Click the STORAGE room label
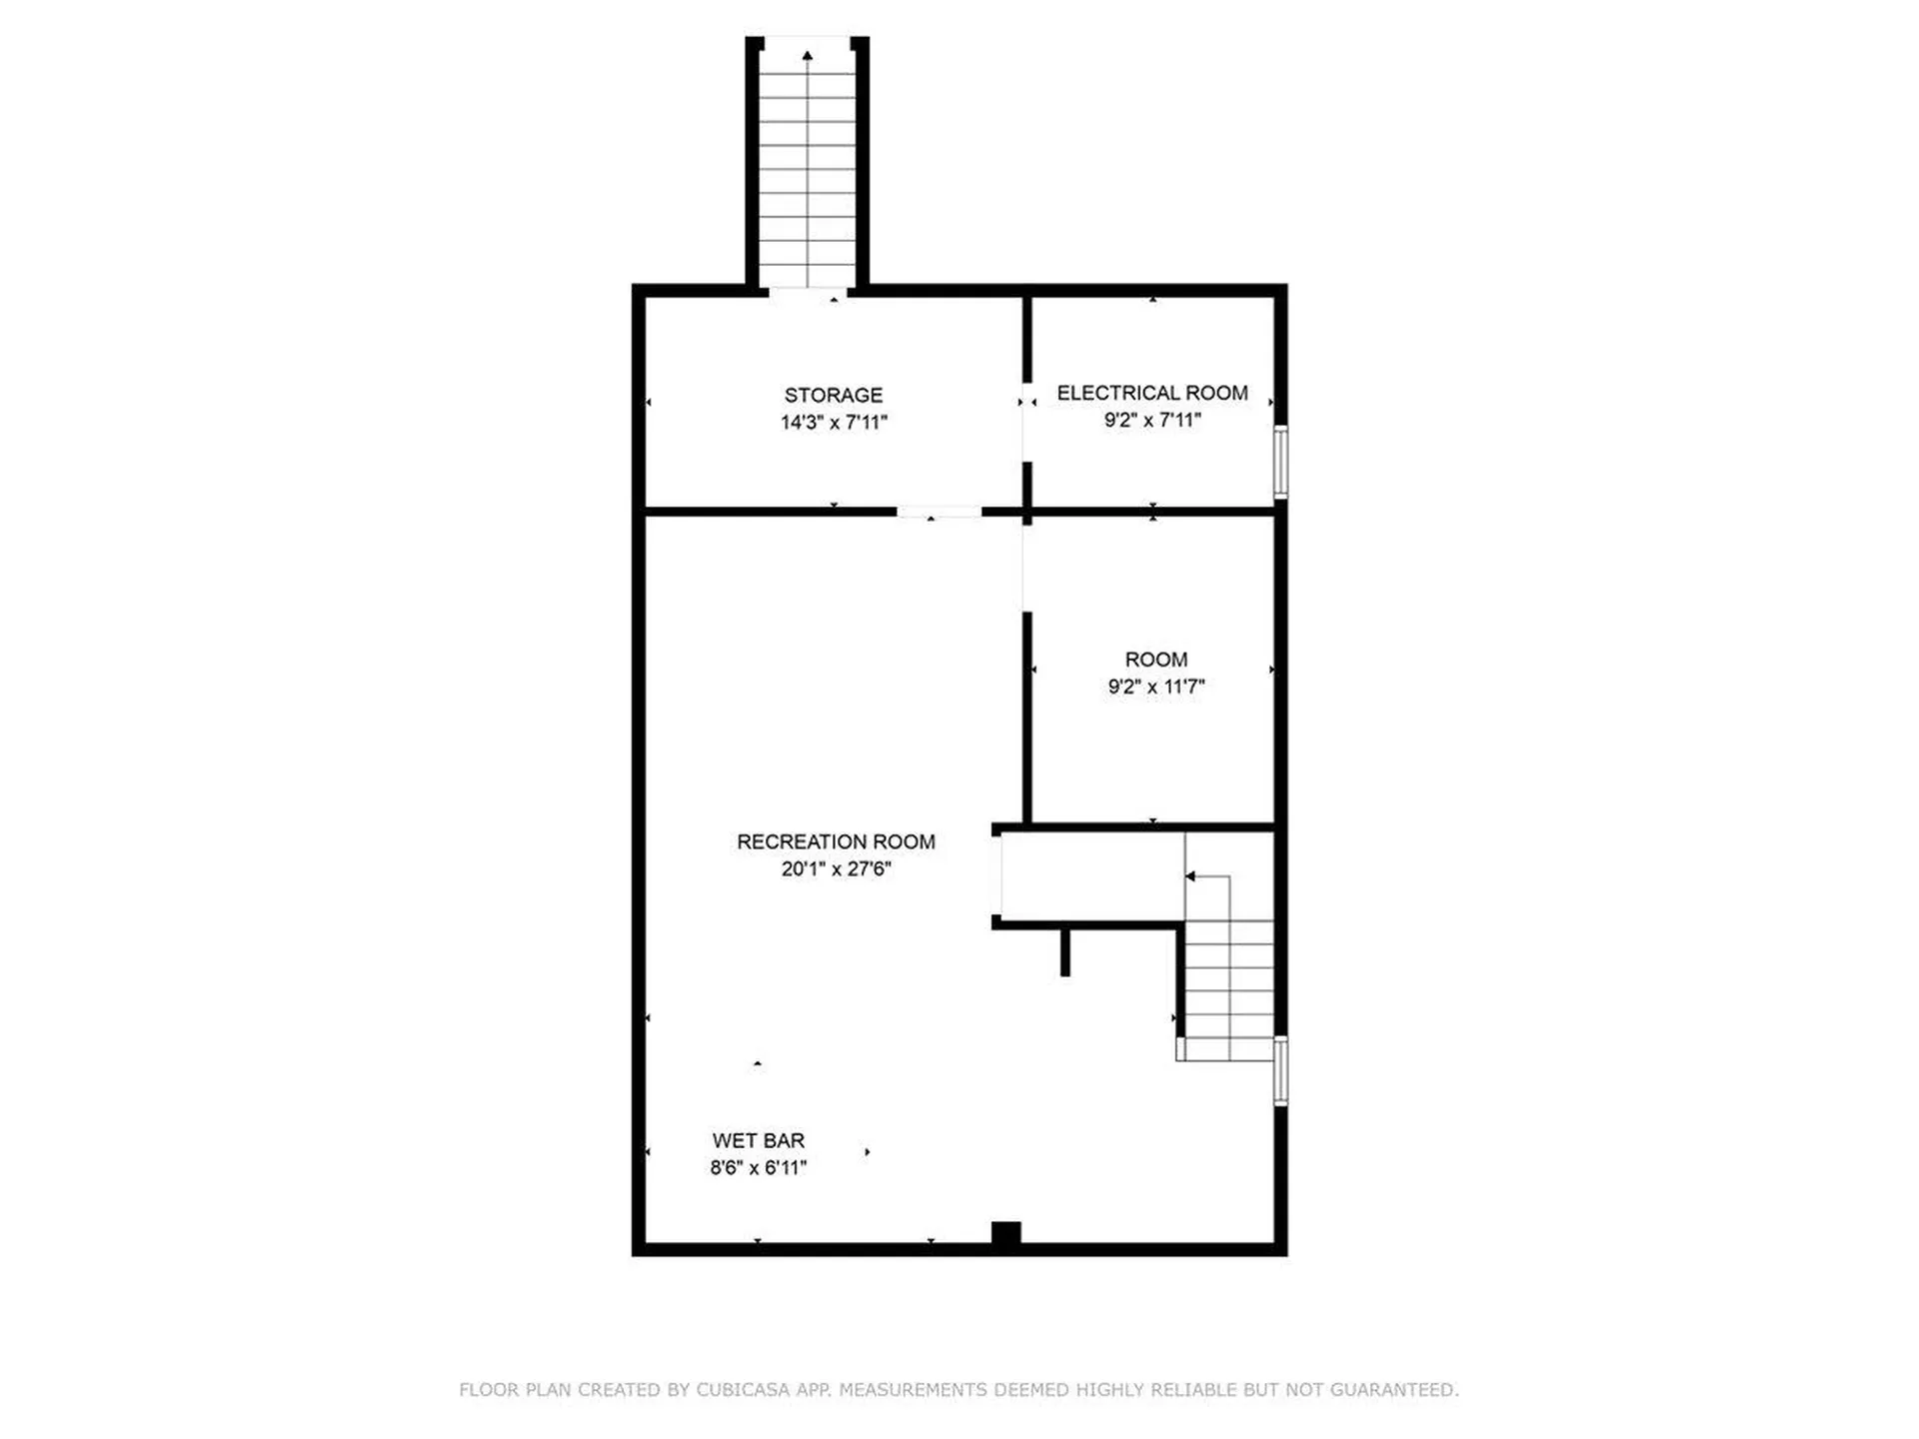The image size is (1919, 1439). (x=833, y=395)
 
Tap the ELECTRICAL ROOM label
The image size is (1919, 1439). (x=1151, y=393)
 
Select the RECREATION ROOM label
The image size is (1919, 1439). (x=836, y=841)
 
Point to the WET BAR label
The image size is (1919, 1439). (x=758, y=1140)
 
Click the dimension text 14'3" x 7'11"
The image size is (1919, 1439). (x=834, y=423)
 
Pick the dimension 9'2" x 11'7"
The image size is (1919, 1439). (x=1155, y=687)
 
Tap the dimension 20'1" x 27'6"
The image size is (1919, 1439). (x=836, y=869)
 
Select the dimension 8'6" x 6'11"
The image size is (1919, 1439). (x=758, y=1167)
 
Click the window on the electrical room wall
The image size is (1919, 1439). (x=1280, y=462)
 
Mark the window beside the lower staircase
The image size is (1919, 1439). (x=1280, y=1070)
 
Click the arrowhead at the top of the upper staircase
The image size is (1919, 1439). (x=807, y=56)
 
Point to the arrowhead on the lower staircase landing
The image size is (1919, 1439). (x=1190, y=876)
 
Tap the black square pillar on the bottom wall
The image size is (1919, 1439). (x=1005, y=1234)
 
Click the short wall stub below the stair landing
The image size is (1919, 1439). (x=1065, y=951)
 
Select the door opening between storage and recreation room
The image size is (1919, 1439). (x=939, y=512)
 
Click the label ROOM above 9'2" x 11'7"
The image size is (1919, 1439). (x=1155, y=660)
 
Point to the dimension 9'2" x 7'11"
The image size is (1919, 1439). (x=1151, y=420)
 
